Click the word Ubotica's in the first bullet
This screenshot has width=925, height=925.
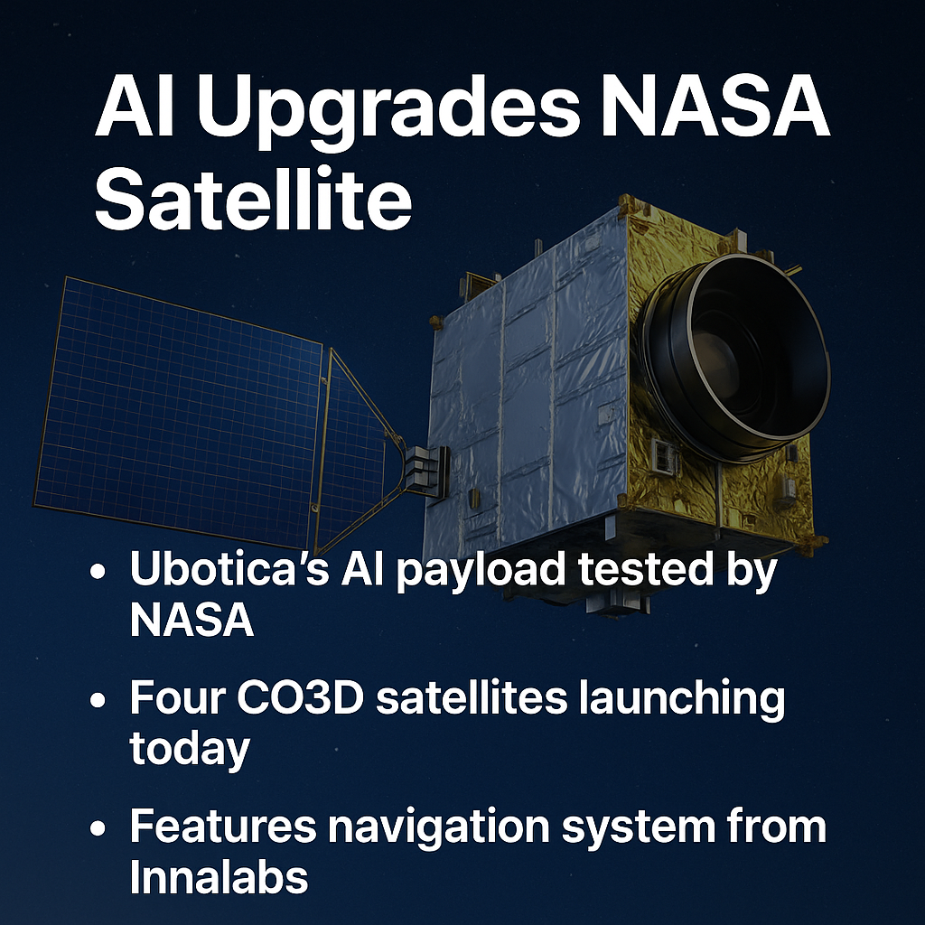tap(229, 569)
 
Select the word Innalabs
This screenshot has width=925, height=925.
tap(219, 877)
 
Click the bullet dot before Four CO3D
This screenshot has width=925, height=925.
tap(98, 700)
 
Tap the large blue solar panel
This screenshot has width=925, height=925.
tap(177, 407)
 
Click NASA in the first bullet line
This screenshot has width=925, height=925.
tap(192, 621)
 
